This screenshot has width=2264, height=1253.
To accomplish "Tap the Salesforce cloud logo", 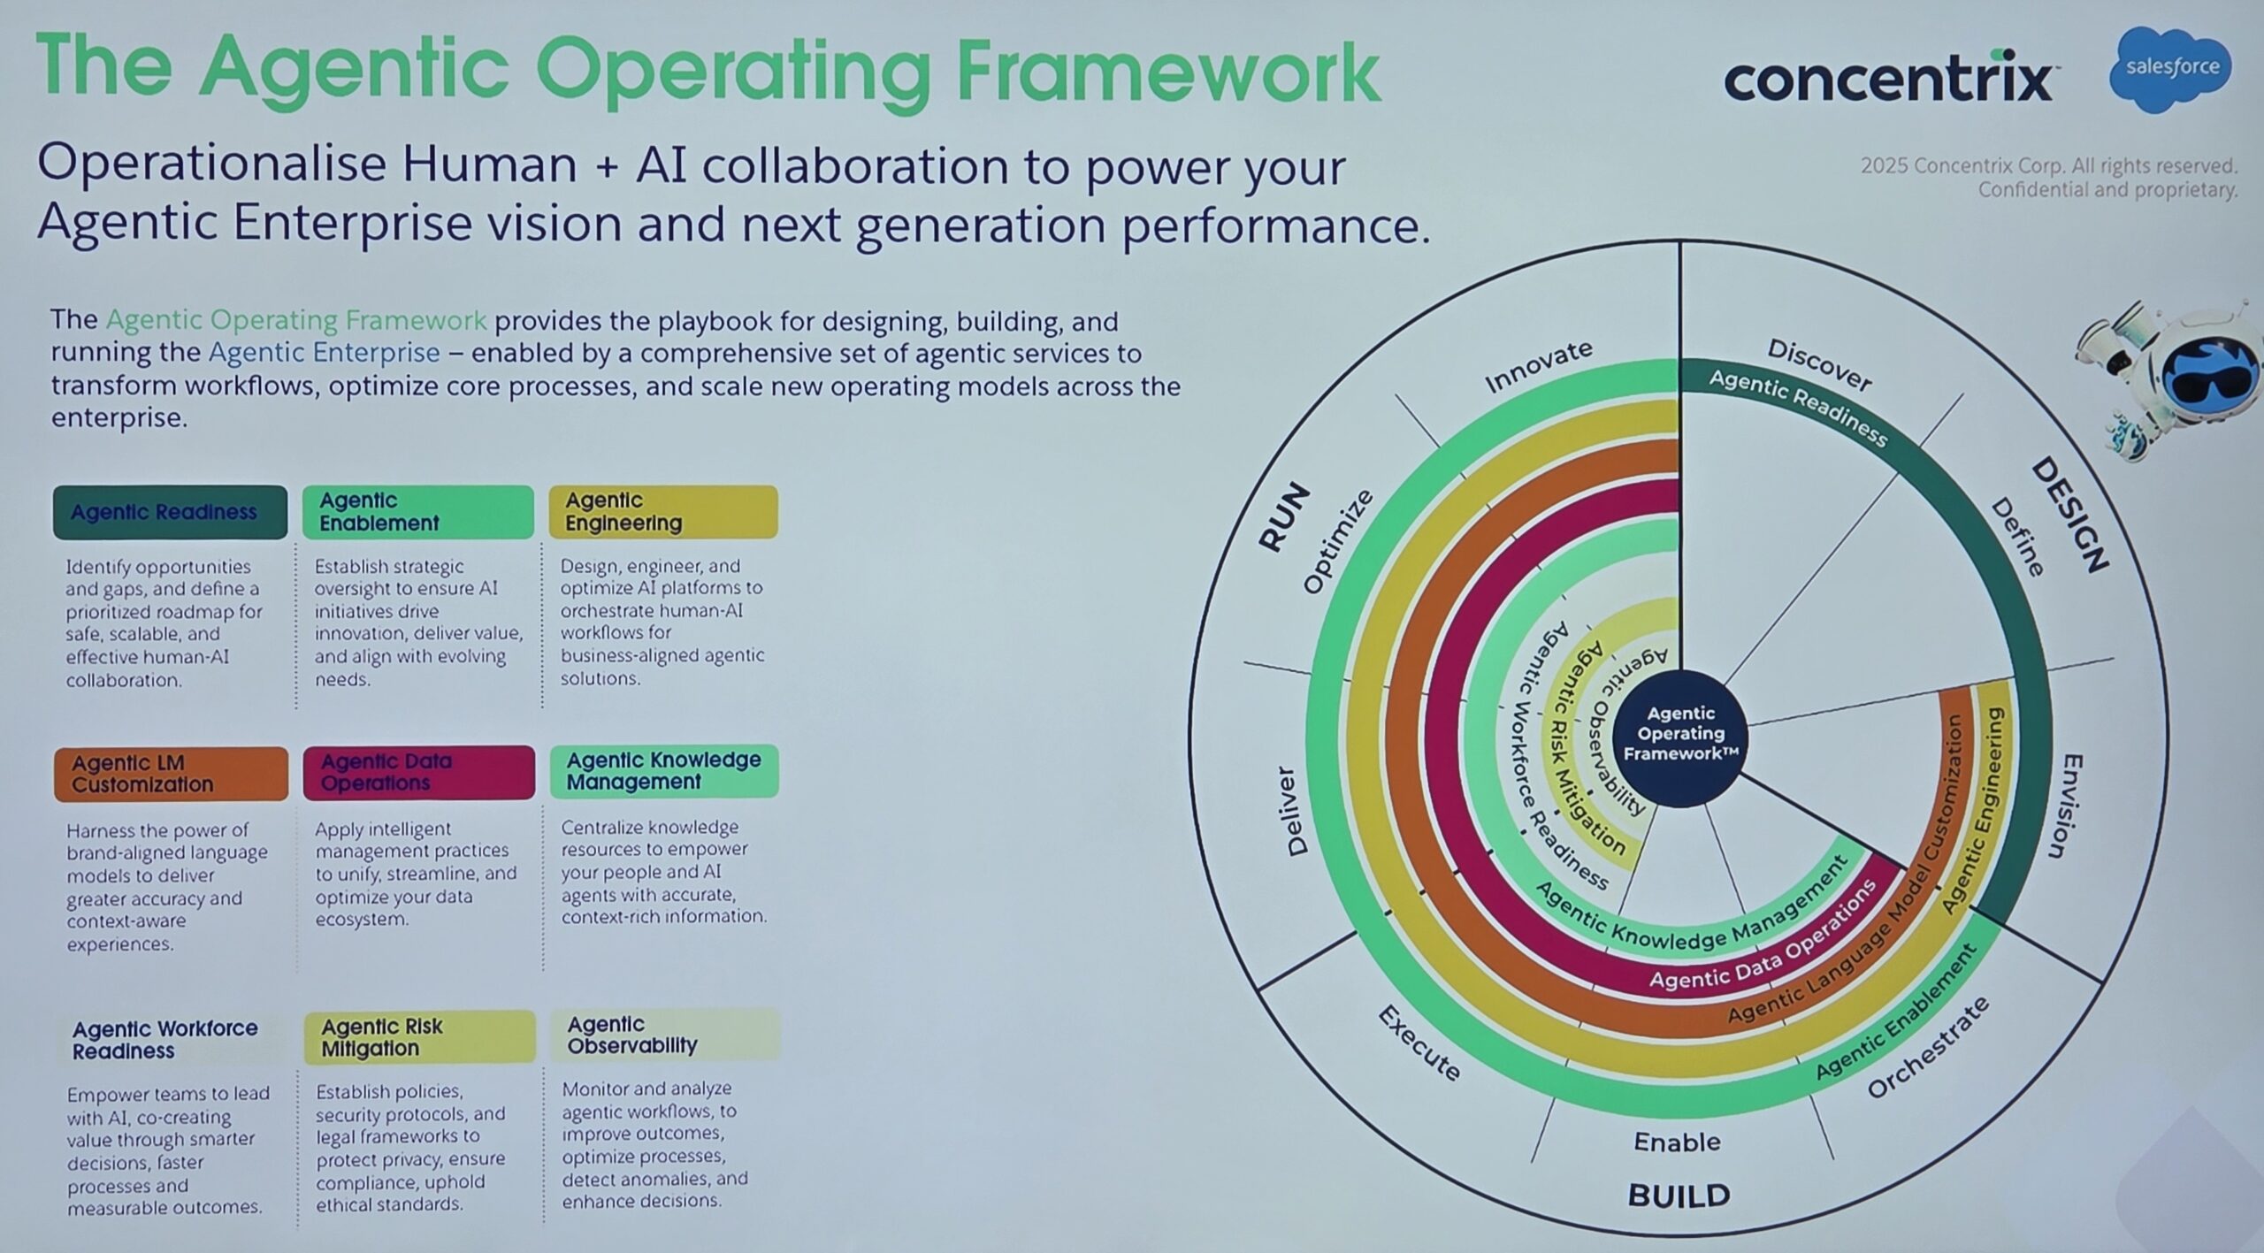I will [2171, 69].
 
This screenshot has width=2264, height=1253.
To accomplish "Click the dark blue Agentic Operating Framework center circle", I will [1680, 733].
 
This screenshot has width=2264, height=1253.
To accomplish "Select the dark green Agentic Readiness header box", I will [170, 512].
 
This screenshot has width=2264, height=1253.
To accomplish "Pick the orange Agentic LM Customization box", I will [171, 774].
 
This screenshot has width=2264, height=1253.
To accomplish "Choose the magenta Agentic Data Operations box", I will [418, 772].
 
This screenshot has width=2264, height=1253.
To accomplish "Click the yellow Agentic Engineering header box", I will [663, 512].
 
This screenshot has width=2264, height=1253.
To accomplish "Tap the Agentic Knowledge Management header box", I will [664, 771].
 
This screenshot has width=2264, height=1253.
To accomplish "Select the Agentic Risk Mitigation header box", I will [419, 1036].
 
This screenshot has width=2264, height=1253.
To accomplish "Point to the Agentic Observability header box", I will [664, 1035].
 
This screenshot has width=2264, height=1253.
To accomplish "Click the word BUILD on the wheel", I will [1679, 1196].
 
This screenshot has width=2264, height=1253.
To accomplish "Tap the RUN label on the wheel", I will [1283, 516].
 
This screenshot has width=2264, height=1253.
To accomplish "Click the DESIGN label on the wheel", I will [2069, 514].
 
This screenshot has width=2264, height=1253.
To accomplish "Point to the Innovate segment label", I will [1538, 365].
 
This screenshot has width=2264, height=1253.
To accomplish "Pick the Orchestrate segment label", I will [1928, 1048].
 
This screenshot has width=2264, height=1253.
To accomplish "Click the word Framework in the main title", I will [1168, 71].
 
